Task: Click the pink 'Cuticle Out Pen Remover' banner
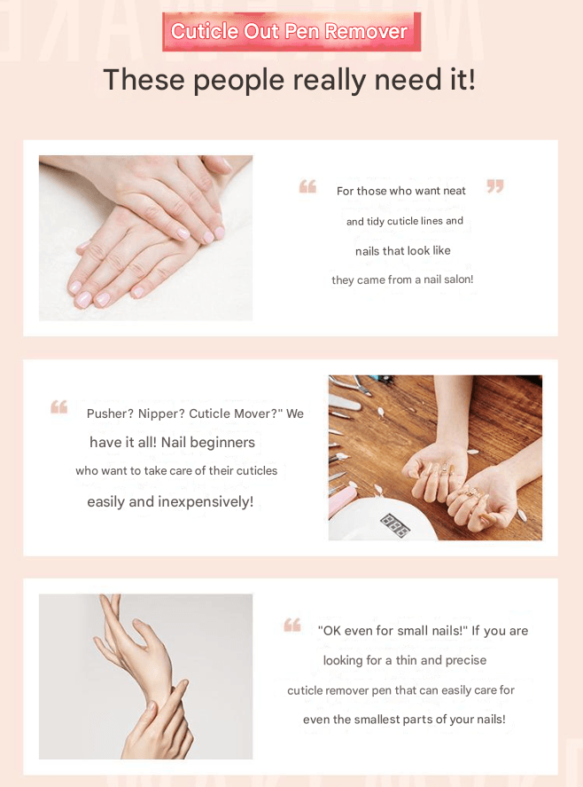coord(291,32)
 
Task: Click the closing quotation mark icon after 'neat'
coord(495,186)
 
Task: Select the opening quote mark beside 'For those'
coord(307,186)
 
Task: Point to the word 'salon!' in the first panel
coord(458,279)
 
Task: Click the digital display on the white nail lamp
coord(395,525)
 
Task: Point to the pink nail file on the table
coord(342,502)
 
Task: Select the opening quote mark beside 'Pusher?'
coord(59,406)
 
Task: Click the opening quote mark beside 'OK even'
coord(292,625)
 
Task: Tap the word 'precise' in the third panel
coord(466,660)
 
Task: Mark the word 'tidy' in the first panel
coord(375,221)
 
